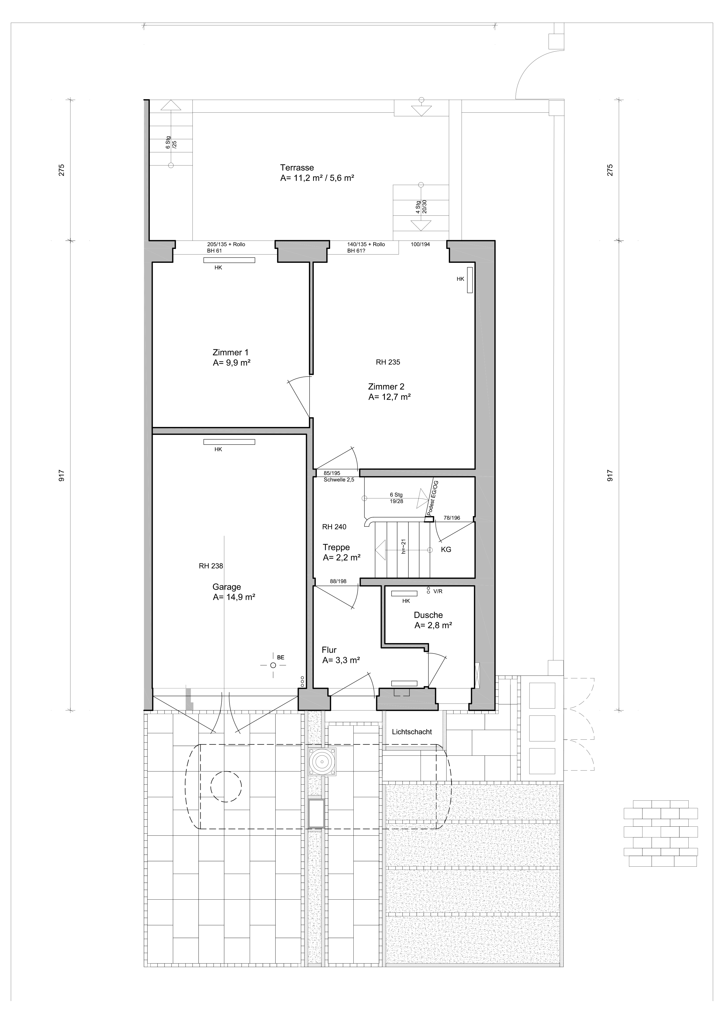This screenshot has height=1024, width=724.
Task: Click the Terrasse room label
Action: click(x=297, y=168)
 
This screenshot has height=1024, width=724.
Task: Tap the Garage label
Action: click(x=227, y=587)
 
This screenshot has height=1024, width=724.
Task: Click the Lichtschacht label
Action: click(x=412, y=732)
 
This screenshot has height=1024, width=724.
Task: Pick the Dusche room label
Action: click(x=428, y=615)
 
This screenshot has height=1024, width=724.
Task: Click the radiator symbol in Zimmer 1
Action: click(x=229, y=260)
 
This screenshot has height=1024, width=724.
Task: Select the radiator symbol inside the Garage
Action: click(x=229, y=442)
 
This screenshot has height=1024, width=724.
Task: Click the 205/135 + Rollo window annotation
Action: click(x=226, y=244)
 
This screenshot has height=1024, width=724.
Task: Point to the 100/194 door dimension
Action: click(x=420, y=244)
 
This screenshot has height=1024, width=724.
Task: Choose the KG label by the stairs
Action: click(x=446, y=549)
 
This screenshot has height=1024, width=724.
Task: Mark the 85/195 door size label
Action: click(x=332, y=473)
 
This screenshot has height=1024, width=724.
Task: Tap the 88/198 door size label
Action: click(x=338, y=581)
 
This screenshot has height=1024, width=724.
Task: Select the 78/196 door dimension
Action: click(x=452, y=518)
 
